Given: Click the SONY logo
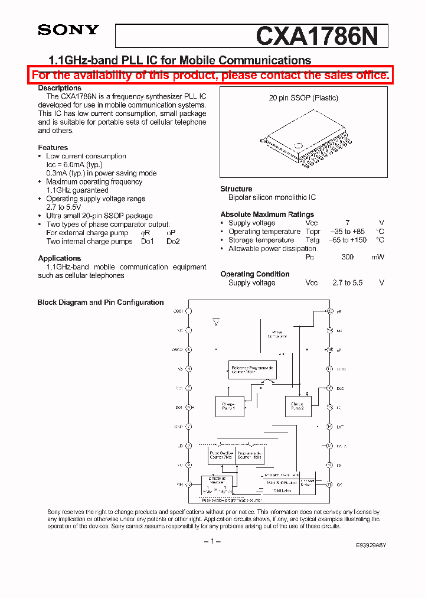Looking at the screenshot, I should [68, 30].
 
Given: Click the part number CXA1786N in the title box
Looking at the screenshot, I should [321, 36].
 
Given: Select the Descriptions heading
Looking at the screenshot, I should [60, 88].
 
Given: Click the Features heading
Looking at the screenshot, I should [53, 148].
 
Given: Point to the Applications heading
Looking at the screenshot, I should [60, 258].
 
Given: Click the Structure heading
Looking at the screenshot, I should [236, 189].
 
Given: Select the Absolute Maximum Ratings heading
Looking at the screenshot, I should [267, 214].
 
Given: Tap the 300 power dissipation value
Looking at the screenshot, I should [347, 257].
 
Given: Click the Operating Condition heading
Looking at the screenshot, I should [254, 274].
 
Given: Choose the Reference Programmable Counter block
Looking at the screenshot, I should [251, 370].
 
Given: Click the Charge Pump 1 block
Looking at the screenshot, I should [229, 407].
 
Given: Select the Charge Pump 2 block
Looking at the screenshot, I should [297, 406].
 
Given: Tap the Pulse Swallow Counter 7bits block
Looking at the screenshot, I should [221, 455].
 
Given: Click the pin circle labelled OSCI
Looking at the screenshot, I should [189, 311].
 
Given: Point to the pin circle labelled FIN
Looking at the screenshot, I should [189, 485].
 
